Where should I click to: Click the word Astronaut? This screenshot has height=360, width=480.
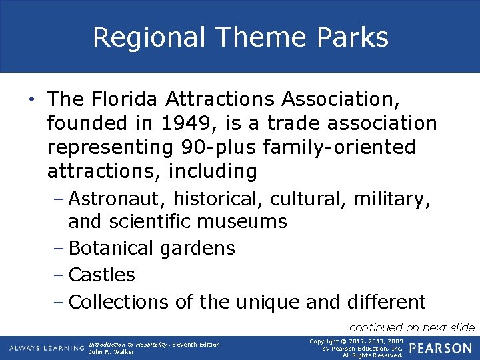pos(118,199)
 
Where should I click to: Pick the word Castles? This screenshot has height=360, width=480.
pos(102,275)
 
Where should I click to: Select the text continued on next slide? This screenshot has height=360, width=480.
pos(412,327)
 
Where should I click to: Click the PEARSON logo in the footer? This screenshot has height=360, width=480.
pos(440,349)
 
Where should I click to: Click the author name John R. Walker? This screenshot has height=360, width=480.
pos(111,352)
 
